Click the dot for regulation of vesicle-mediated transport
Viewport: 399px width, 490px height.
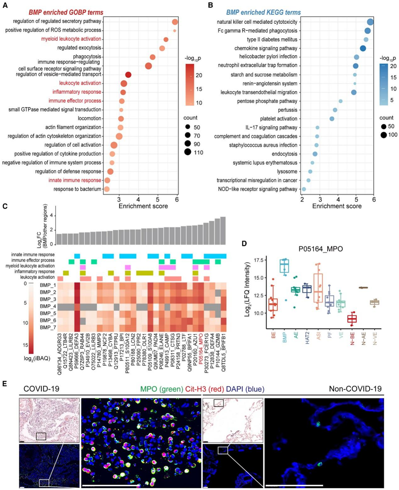point(128,75)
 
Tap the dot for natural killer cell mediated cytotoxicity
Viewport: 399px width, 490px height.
point(370,22)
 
